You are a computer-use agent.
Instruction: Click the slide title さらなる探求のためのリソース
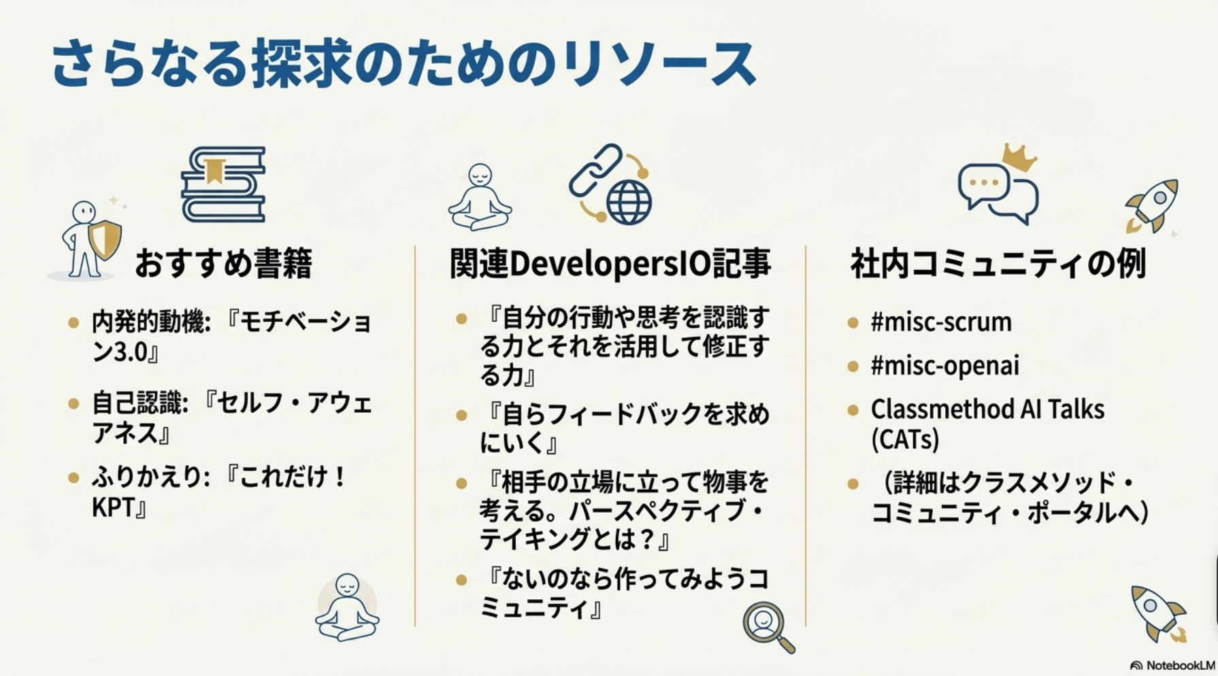404,64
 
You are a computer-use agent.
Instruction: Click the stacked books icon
223,184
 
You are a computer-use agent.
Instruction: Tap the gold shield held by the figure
105,239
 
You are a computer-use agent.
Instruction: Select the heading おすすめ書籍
223,264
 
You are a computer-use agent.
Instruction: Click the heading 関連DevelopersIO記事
610,264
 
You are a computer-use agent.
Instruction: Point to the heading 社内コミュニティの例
998,264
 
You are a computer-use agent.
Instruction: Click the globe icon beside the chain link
629,201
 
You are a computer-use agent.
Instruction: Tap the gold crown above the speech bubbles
1018,158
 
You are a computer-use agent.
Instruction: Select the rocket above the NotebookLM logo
1157,613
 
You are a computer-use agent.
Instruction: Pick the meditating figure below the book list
347,607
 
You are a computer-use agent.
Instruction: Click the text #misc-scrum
941,322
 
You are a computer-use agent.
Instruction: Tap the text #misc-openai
945,366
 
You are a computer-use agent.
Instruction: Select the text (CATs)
905,440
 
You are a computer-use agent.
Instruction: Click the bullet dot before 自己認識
74,404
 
